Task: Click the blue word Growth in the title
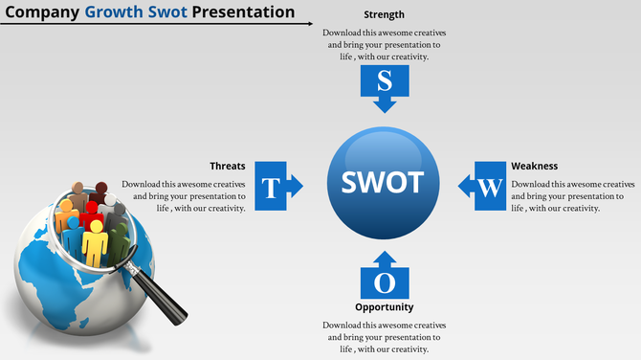(x=110, y=12)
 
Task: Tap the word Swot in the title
(x=165, y=12)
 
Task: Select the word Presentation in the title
(x=243, y=12)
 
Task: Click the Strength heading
(x=384, y=15)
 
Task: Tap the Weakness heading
(x=534, y=166)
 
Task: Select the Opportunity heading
(x=384, y=307)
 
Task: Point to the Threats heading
(x=228, y=166)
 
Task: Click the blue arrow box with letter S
(x=384, y=86)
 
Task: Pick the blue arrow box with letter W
(x=484, y=186)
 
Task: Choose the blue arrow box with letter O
(x=384, y=279)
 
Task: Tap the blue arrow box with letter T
(x=276, y=186)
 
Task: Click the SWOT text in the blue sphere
(x=383, y=182)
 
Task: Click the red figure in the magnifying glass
(x=92, y=214)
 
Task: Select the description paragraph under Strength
(x=384, y=44)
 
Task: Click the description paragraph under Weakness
(x=572, y=195)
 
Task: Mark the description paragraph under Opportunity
(x=384, y=337)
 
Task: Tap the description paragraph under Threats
(x=185, y=195)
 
